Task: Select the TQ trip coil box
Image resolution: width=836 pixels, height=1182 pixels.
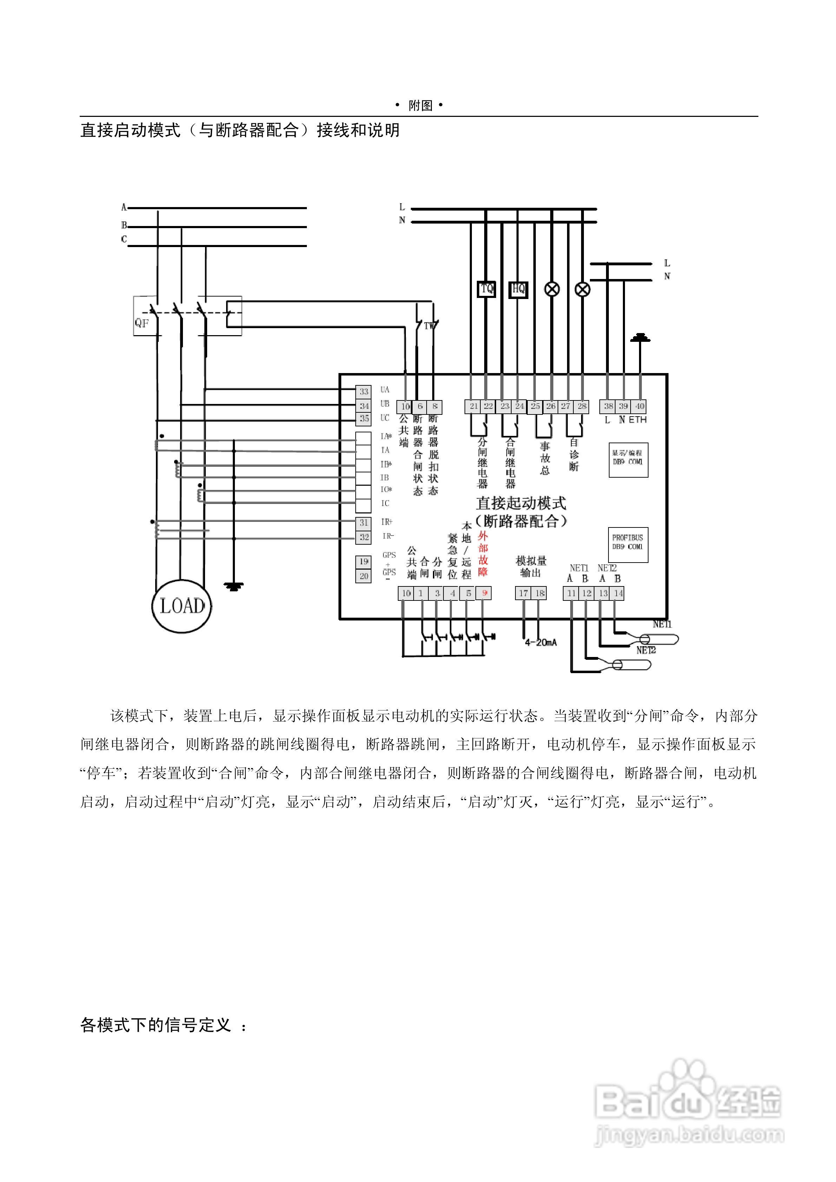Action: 486,289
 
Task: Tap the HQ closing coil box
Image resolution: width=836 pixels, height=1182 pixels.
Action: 518,289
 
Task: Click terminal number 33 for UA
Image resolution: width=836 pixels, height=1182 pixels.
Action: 364,392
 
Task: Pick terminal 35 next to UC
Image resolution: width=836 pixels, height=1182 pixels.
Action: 364,419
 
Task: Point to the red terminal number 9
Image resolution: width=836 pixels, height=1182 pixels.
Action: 484,593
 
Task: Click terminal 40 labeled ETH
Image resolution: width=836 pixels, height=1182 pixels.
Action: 639,406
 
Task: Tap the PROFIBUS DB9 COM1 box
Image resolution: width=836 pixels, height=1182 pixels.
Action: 627,544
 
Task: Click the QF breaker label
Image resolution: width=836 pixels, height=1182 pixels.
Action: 141,323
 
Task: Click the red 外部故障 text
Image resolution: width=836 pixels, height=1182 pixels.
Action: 483,554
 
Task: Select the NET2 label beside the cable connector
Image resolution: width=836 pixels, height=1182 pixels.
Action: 646,650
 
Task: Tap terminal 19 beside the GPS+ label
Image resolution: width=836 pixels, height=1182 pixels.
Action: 364,562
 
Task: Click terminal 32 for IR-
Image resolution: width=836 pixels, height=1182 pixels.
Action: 364,537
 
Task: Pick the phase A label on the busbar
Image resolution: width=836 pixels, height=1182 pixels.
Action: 124,207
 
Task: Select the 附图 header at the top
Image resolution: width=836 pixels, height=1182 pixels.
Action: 420,106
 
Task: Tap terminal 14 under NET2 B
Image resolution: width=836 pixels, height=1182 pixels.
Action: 618,593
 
